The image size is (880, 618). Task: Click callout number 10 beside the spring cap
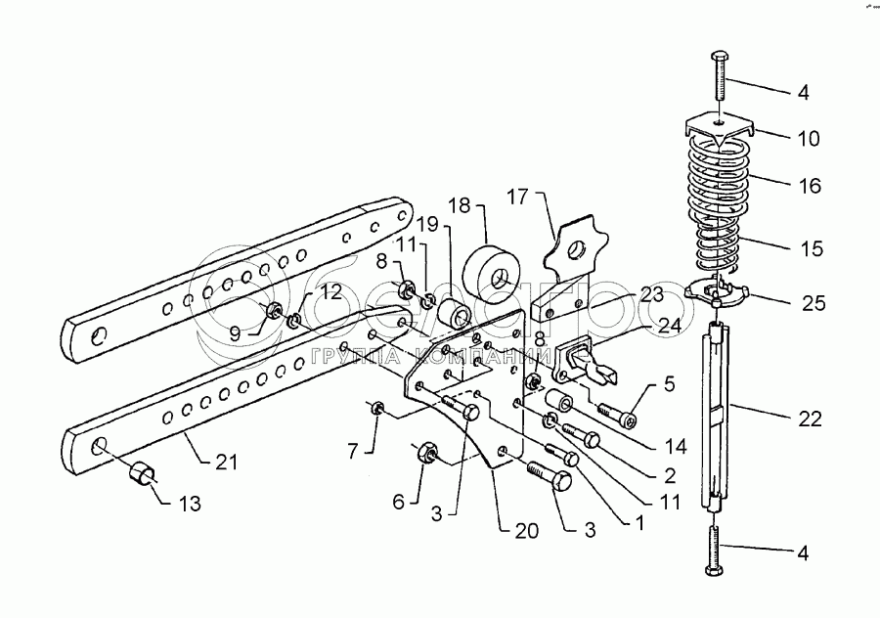[x=808, y=138]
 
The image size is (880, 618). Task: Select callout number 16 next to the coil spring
[x=808, y=185]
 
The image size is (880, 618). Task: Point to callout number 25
[x=813, y=304]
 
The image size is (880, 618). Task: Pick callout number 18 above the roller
[x=459, y=206]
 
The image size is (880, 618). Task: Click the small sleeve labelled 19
[x=454, y=316]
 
